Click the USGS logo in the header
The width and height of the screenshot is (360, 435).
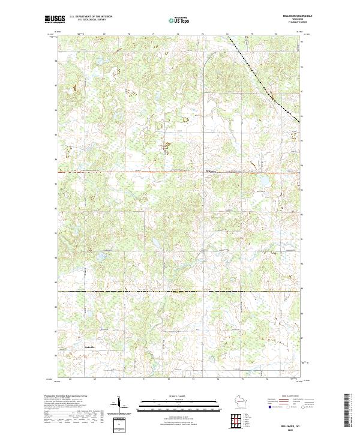pyautogui.click(x=53, y=19)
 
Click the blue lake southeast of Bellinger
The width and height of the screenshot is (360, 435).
pyautogui.click(x=262, y=181)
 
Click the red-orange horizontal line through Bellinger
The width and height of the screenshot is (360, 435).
pyautogui.click(x=120, y=172)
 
